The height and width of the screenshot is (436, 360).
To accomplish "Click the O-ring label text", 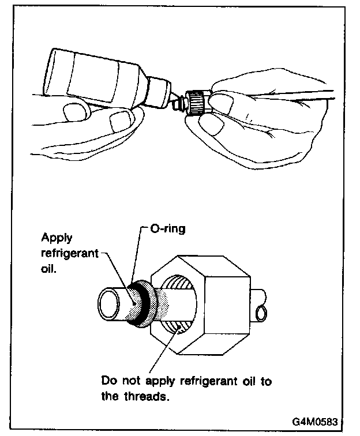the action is [168, 229].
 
